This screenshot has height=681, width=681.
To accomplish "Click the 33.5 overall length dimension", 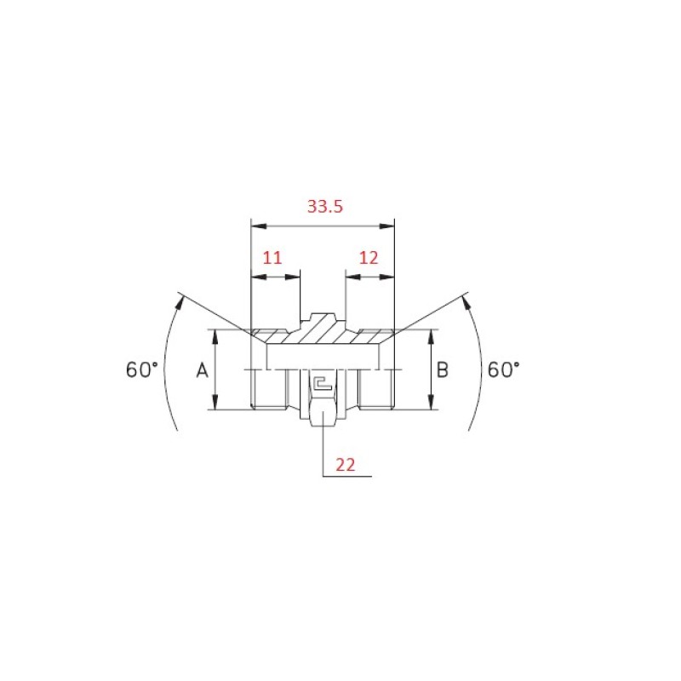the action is point(325,206).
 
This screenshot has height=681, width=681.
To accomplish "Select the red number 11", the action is point(272,258).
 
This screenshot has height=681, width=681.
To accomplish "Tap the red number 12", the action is point(369,258).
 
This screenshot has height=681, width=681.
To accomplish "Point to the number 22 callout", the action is point(346,465).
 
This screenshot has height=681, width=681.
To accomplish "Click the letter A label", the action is point(202,370).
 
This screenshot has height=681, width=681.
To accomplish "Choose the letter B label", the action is point(442,370).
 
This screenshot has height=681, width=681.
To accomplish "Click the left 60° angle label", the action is point(141,369).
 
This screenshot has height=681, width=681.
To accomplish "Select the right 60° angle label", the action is point(503,369).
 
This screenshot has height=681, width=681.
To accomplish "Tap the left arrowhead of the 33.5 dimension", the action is point(259,226).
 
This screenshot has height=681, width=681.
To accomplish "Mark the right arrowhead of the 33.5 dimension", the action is point(386,226).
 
